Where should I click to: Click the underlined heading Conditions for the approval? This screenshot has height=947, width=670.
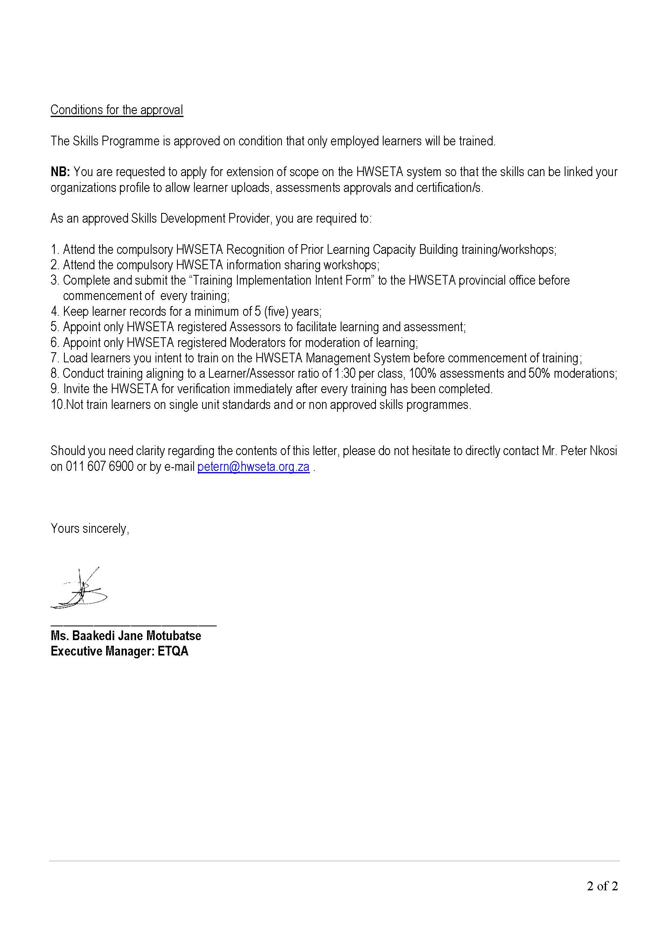(117, 110)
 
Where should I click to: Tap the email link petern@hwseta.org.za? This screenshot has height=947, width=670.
(253, 467)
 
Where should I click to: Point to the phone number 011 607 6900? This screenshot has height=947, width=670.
(99, 467)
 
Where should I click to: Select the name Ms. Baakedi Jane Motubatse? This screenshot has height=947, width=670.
(126, 636)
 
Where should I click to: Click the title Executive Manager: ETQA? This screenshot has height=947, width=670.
(119, 651)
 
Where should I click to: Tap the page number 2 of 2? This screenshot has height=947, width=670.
(602, 886)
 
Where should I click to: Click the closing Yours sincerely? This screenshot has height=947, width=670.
(90, 529)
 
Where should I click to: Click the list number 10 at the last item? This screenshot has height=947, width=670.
(57, 405)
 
